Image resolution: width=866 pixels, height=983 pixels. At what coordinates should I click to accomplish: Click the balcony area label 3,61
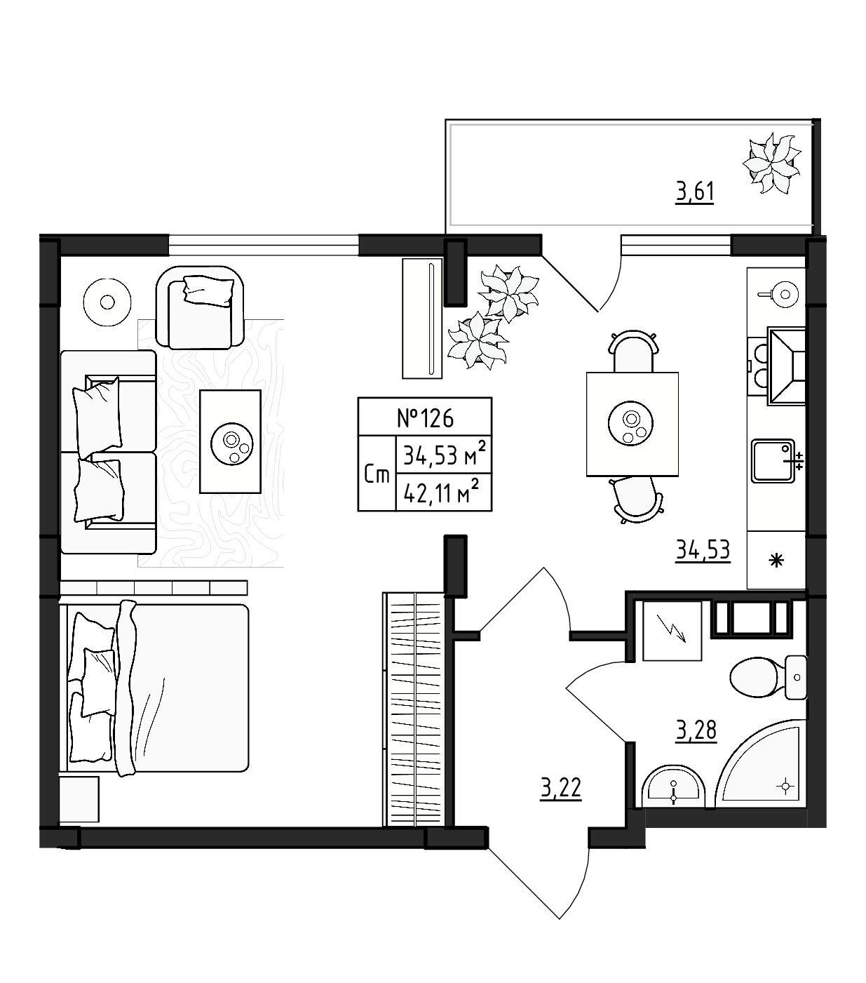[695, 192]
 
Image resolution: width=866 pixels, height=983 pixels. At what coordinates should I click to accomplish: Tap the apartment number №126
[425, 417]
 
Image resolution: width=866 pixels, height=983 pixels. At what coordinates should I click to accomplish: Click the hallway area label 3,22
[561, 789]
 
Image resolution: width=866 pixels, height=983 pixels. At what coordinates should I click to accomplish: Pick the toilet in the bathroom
[769, 677]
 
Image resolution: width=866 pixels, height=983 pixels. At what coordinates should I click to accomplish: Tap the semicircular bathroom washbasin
[674, 791]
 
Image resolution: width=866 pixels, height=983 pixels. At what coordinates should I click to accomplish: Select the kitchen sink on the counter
[774, 461]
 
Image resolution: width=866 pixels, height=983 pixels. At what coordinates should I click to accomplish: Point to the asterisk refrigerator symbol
[777, 561]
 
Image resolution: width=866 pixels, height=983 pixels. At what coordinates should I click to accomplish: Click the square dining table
[632, 424]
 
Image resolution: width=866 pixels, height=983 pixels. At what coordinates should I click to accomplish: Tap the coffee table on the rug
[230, 441]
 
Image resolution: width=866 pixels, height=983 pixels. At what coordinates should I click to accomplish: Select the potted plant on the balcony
[771, 165]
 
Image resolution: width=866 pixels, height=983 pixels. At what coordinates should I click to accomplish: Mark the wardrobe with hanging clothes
[414, 709]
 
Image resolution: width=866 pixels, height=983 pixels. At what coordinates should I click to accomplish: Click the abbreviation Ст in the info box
[377, 476]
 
